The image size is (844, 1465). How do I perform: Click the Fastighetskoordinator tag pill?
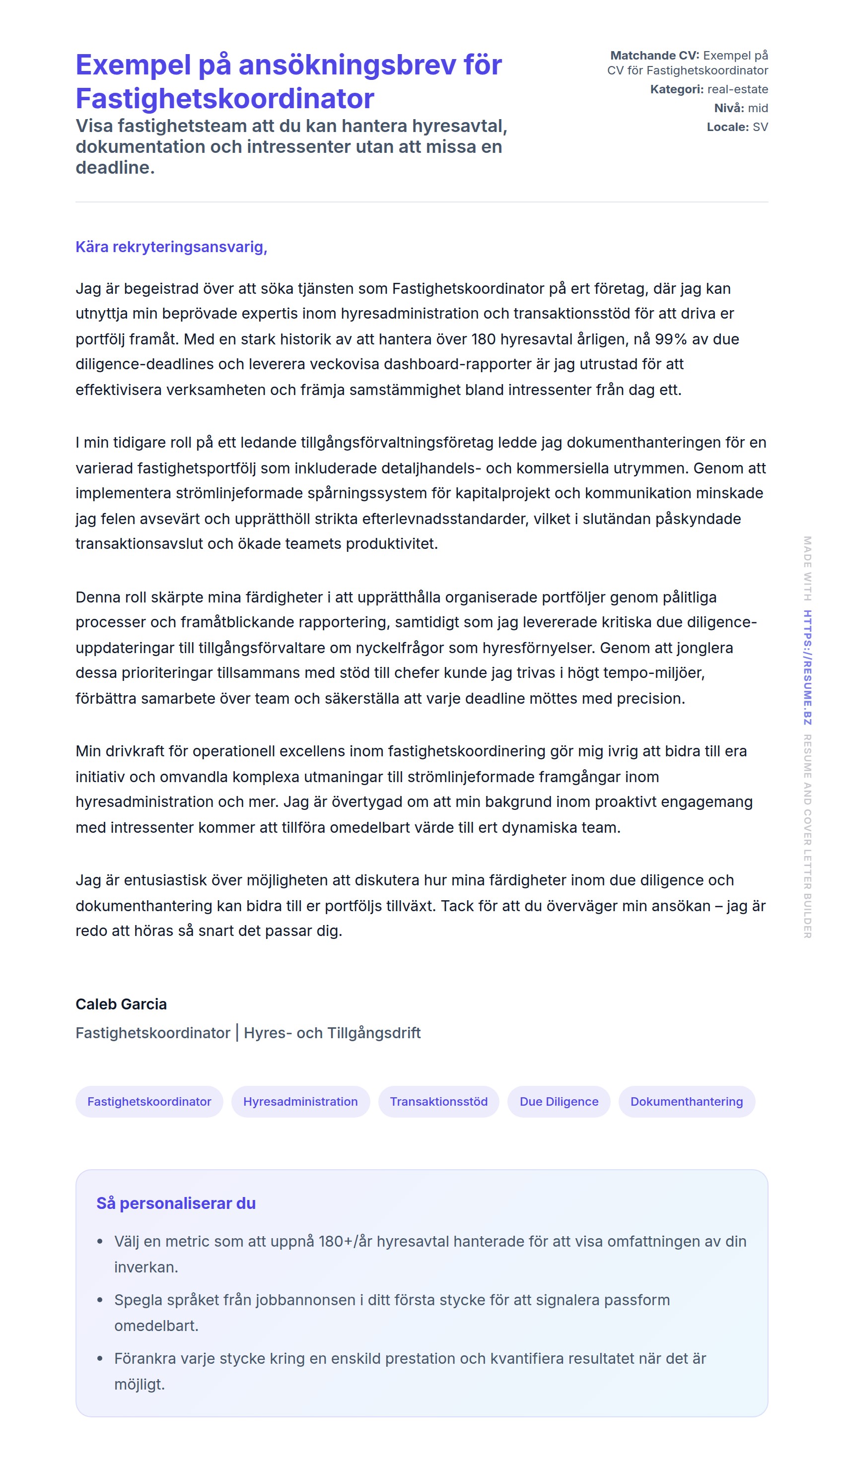149,1101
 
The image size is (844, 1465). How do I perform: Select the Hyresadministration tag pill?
300,1101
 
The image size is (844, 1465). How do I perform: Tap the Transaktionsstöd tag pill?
438,1101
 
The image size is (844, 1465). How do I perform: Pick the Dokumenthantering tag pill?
686,1101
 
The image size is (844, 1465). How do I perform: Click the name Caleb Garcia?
121,1004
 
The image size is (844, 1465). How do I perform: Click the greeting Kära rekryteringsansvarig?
171,247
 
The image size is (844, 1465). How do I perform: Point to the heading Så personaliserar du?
176,1203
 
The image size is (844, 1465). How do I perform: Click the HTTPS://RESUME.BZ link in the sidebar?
807,667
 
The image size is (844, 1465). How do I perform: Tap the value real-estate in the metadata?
737,89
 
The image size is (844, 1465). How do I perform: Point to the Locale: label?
727,127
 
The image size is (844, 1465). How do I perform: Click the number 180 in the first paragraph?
483,339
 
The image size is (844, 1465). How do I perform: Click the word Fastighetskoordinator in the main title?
224,98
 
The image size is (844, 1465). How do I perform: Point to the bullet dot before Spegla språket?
100,1300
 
